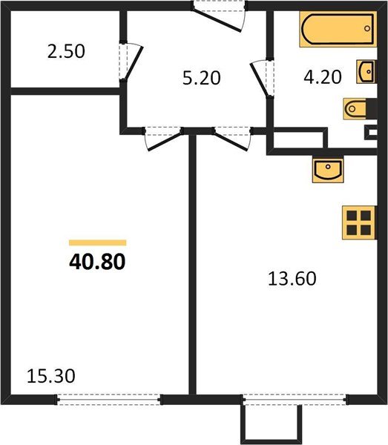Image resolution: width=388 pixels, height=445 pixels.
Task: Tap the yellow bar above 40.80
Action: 97,242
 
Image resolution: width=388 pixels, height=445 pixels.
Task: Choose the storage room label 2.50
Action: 65,52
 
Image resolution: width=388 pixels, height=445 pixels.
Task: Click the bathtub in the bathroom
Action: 338,31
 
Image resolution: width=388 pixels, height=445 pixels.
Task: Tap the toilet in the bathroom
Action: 358,109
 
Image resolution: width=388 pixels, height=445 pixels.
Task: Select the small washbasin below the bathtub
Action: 366,71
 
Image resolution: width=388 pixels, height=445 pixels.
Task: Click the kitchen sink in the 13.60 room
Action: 326,170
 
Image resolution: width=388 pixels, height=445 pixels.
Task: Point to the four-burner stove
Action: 358,222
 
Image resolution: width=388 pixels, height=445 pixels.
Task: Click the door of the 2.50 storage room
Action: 131,63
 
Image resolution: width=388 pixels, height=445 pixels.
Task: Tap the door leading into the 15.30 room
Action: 162,136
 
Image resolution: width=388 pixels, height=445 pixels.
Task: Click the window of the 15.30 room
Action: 109,399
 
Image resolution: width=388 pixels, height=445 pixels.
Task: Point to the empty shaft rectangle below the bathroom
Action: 298,139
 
